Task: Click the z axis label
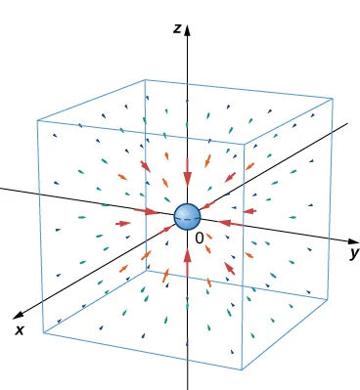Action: tap(176, 29)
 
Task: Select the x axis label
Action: tap(19, 330)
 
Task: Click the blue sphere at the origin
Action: tap(186, 217)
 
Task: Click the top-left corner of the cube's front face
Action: tap(37, 120)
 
